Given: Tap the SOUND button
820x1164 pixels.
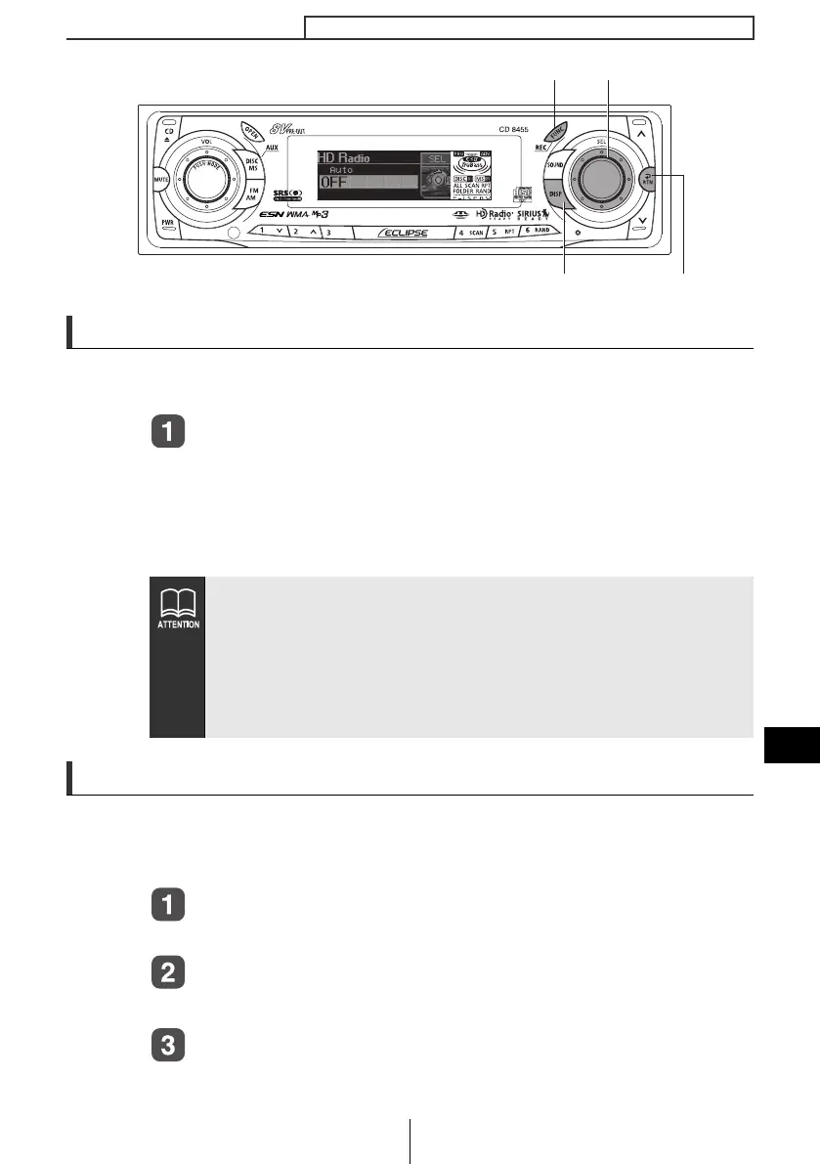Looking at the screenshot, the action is coord(556,166).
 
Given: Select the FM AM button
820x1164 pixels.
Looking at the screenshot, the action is coord(250,194).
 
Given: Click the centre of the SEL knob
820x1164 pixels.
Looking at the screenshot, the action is coord(599,177).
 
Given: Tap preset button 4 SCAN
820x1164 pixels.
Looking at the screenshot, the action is coord(472,233).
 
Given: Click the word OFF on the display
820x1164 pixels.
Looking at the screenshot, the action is coord(337,183).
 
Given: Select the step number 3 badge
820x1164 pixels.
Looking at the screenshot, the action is coord(167,1045).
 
